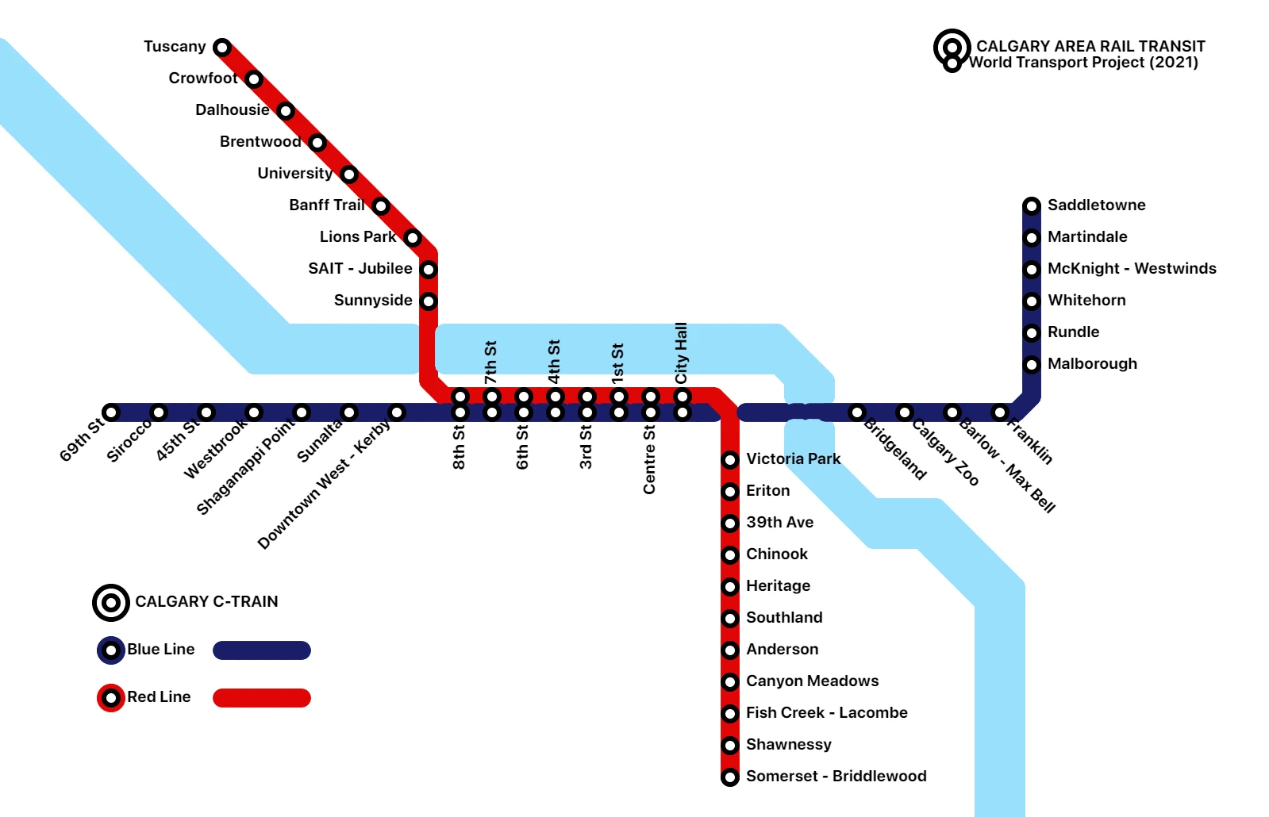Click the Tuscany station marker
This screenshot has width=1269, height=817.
[222, 48]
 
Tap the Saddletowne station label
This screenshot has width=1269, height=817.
[1096, 205]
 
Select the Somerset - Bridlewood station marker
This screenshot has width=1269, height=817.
[730, 777]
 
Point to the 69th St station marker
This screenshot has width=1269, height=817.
[111, 412]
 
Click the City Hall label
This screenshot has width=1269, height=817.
[682, 352]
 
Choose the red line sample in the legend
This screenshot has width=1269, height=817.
[262, 698]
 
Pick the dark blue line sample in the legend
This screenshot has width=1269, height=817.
[262, 650]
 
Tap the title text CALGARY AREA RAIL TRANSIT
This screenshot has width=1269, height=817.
[1090, 46]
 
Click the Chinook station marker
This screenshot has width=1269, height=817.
[730, 554]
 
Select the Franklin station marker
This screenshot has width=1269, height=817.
[1000, 412]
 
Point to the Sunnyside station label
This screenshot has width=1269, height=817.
[373, 301]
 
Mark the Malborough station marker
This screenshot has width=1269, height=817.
[1032, 365]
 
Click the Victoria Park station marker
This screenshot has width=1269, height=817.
[730, 460]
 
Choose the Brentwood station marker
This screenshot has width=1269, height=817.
[317, 143]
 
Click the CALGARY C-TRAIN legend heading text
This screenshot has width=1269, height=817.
[206, 602]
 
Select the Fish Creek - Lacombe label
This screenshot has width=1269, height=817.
[826, 713]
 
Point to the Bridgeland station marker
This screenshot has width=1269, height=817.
[857, 412]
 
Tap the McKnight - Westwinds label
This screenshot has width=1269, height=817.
[1132, 269]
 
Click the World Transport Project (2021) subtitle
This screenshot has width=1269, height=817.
[1083, 63]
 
